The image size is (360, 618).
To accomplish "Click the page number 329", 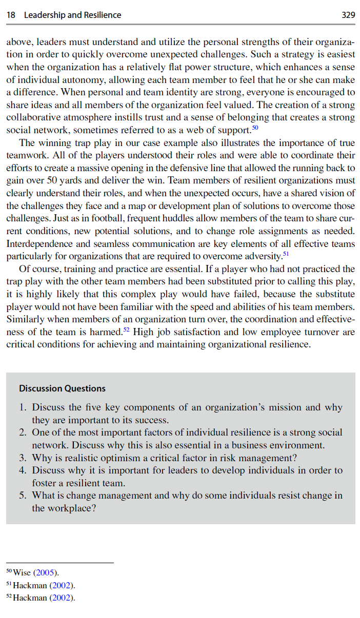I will [x=348, y=15].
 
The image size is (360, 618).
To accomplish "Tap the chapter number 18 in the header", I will [x=11, y=15].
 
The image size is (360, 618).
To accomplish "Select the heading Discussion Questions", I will [x=62, y=388].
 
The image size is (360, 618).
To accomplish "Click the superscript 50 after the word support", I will [x=255, y=127].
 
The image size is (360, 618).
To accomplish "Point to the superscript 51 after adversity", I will [x=287, y=253].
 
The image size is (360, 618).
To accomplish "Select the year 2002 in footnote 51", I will [x=63, y=585].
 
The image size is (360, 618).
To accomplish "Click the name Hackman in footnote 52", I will [x=30, y=598].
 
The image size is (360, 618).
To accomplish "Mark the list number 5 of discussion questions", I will [x=23, y=496].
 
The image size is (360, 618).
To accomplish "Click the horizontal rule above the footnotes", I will [x=59, y=563].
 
